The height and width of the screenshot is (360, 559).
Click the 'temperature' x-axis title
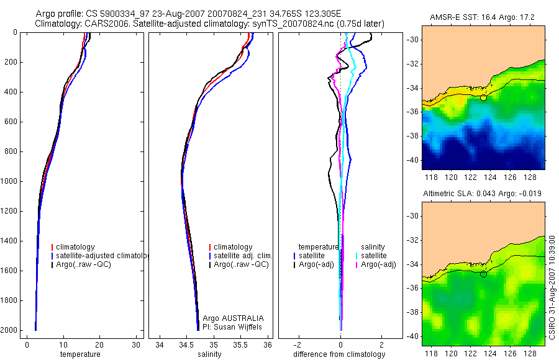(x=80, y=354)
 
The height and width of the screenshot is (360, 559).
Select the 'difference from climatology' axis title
(x=339, y=354)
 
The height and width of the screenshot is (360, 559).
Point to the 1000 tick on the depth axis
(x=9, y=181)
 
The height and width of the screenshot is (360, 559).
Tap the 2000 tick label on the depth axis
(x=9, y=330)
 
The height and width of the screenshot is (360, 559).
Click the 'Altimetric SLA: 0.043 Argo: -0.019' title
(x=483, y=194)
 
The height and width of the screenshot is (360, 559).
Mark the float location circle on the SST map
(x=483, y=97)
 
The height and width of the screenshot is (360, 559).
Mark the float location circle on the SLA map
(x=483, y=274)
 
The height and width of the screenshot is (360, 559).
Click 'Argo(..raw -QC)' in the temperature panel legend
(x=84, y=264)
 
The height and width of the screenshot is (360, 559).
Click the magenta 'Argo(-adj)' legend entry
(x=378, y=264)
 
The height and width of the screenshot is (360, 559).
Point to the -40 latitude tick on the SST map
(x=413, y=160)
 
